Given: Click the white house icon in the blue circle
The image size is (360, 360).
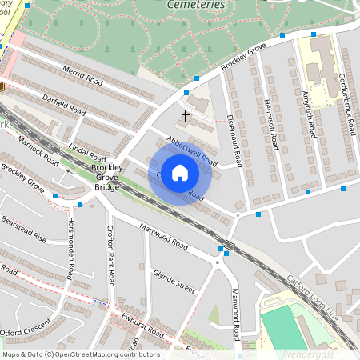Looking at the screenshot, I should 180,172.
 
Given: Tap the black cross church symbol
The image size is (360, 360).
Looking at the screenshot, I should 186,116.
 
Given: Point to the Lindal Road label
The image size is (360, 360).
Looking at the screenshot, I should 88,150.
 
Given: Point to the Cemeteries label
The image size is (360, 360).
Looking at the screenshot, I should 196,5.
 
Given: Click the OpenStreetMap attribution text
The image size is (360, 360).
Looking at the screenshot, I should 80,354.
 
